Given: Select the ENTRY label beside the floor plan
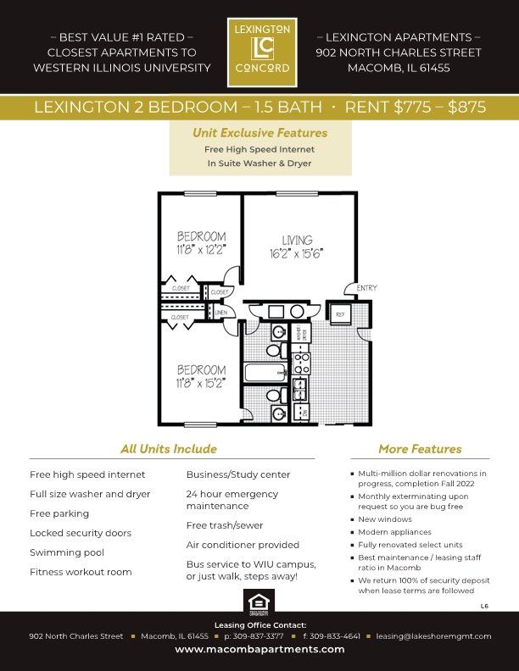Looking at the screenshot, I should point(366,288).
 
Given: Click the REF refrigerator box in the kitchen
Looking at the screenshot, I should point(340,313).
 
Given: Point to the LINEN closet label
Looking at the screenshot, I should point(220,313).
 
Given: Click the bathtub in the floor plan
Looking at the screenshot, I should point(265,373).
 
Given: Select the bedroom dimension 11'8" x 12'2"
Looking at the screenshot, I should point(201,250).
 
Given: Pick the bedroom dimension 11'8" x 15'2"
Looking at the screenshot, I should point(201,383).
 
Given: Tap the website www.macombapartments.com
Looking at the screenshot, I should point(259,649).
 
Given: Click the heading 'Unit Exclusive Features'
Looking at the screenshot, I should point(259,133).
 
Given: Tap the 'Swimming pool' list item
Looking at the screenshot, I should point(67,552).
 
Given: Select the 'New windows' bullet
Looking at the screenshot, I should point(385,519).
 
